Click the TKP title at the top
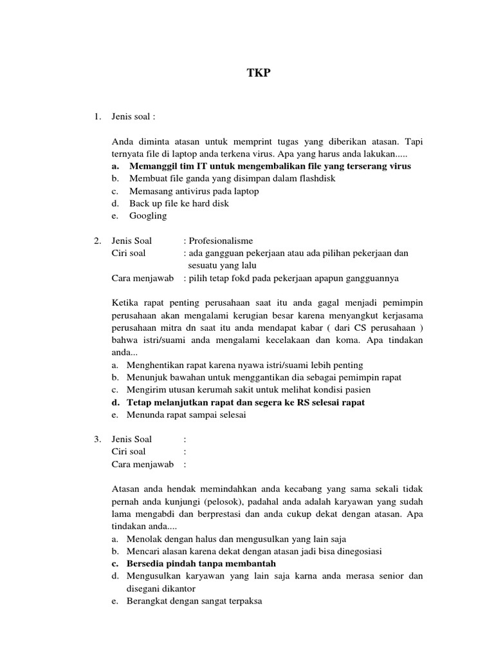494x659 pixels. coord(259,73)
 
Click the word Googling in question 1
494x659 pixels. coord(148,216)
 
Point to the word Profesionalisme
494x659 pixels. coord(221,241)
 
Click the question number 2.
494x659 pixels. coord(96,241)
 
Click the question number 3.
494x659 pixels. coord(96,439)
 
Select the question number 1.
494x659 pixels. coord(96,116)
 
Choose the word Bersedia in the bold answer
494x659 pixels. coord(146,563)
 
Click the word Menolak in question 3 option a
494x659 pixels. coord(145,539)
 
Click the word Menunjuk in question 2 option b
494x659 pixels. coord(147,377)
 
